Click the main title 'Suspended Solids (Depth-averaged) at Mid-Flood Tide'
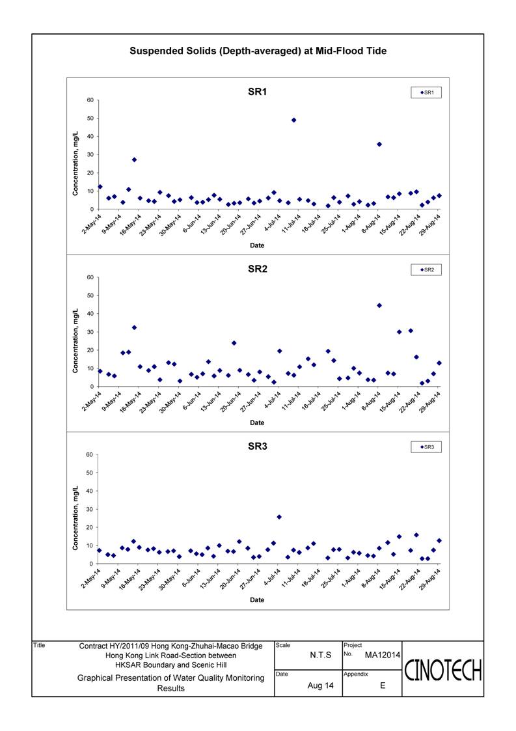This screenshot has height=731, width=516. [x=258, y=51]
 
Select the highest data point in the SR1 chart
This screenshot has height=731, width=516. [x=293, y=120]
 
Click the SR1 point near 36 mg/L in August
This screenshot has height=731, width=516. [x=379, y=144]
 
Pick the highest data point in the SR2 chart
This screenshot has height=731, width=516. [x=379, y=305]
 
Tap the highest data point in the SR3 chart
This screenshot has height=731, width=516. [x=279, y=517]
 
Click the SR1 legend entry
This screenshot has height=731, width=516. [x=426, y=92]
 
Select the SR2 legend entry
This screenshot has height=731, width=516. [x=426, y=269]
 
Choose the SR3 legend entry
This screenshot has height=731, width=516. [x=426, y=447]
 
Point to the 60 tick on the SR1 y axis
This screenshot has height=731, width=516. [x=90, y=100]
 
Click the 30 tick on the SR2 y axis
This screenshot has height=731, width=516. [x=90, y=332]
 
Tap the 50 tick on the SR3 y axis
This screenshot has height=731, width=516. [x=90, y=473]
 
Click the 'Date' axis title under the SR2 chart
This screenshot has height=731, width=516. [x=257, y=422]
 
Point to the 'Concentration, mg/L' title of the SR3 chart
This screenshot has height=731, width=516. [x=75, y=518]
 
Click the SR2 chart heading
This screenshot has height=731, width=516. [x=257, y=269]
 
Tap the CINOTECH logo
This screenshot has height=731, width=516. [x=443, y=671]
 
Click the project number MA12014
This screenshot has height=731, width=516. [x=382, y=655]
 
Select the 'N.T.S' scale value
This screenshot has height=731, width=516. [x=321, y=655]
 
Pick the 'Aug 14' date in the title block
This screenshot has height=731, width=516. [x=321, y=685]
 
